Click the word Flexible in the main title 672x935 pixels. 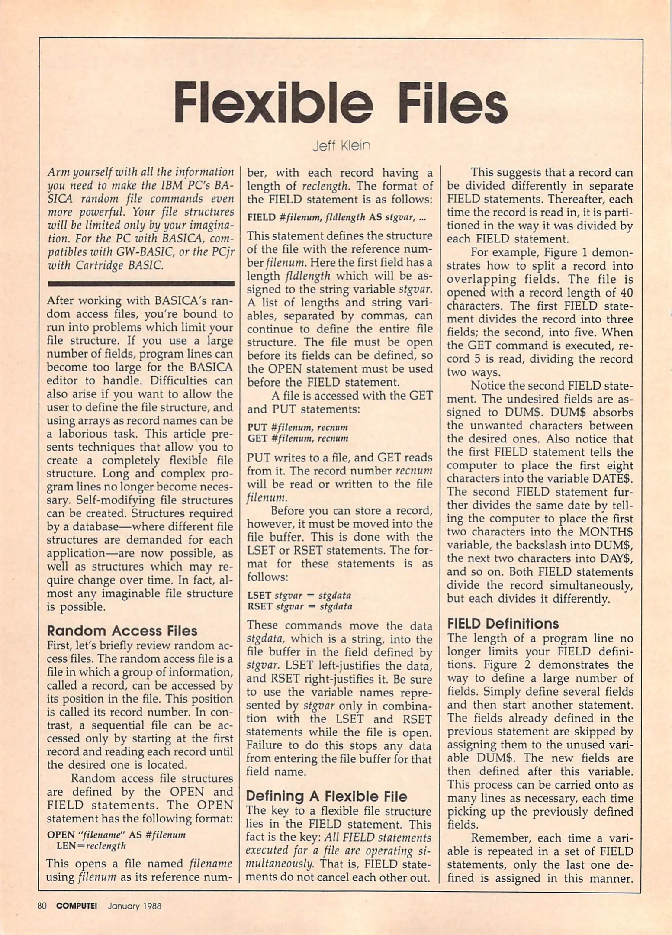[273, 103]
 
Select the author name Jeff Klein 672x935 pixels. [341, 145]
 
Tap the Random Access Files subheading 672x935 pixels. [122, 631]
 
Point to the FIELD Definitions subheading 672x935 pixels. [502, 624]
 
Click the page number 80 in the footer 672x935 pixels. [42, 906]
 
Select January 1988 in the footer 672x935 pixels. [134, 906]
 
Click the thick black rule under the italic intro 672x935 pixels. [141, 284]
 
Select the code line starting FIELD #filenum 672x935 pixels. [336, 217]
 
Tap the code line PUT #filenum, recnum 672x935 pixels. [297, 427]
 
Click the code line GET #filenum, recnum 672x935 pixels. [297, 438]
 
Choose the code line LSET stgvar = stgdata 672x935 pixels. [299, 595]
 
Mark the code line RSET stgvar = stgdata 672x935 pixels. [299, 606]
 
